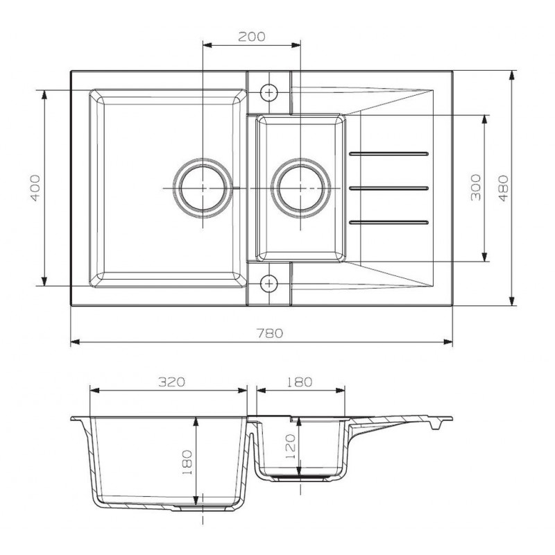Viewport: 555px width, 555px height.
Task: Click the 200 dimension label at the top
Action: pyautogui.click(x=251, y=37)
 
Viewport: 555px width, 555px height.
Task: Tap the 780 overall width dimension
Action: pyautogui.click(x=270, y=333)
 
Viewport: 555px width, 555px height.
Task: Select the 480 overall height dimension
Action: pyautogui.click(x=504, y=188)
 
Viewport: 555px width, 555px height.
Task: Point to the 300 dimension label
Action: pyautogui.click(x=476, y=187)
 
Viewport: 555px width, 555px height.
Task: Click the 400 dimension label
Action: pyautogui.click(x=35, y=187)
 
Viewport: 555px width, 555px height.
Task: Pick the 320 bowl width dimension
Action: pyautogui.click(x=171, y=382)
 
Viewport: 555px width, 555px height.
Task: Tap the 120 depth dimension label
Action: pyautogui.click(x=290, y=447)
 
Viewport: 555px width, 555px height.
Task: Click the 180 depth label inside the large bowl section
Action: pyautogui.click(x=187, y=462)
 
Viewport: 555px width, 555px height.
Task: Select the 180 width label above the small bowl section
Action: pyautogui.click(x=299, y=382)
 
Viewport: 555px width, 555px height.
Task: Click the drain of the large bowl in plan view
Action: pyautogui.click(x=203, y=188)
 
